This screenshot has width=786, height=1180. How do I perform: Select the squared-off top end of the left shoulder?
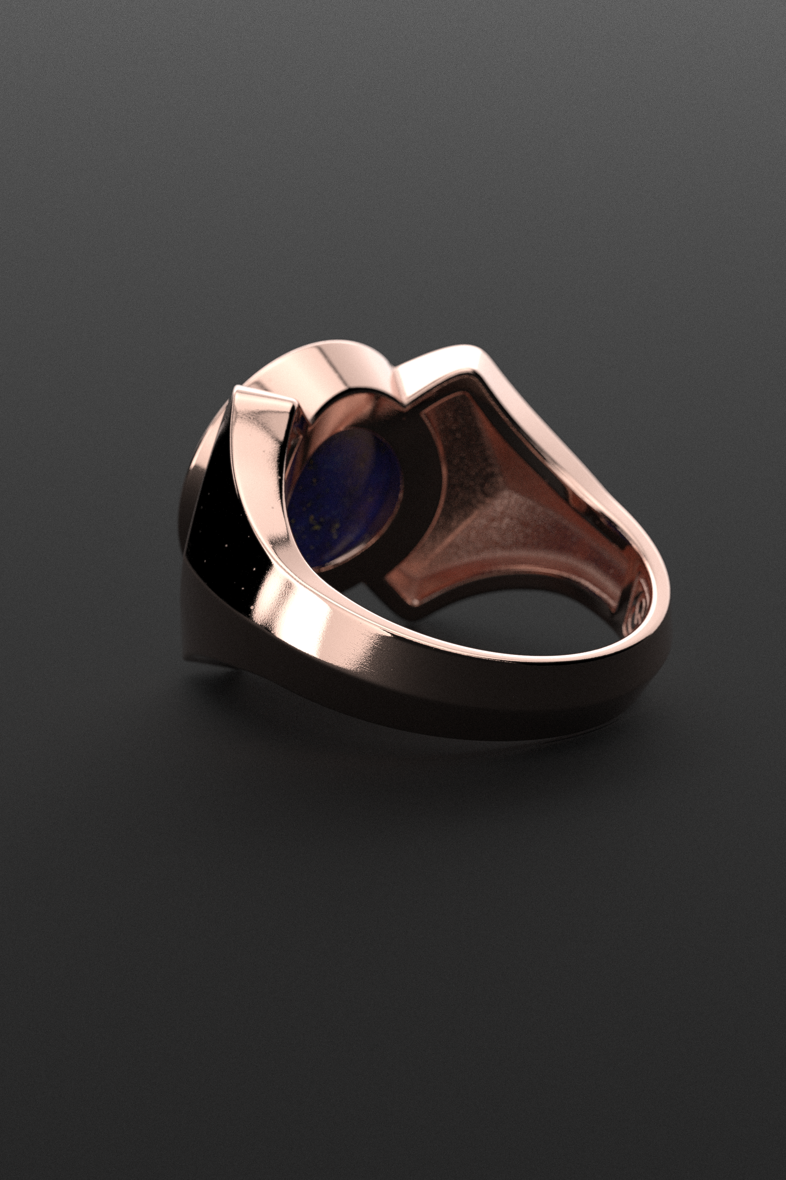click(263, 396)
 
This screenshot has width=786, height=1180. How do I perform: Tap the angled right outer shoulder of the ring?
click(576, 451)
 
